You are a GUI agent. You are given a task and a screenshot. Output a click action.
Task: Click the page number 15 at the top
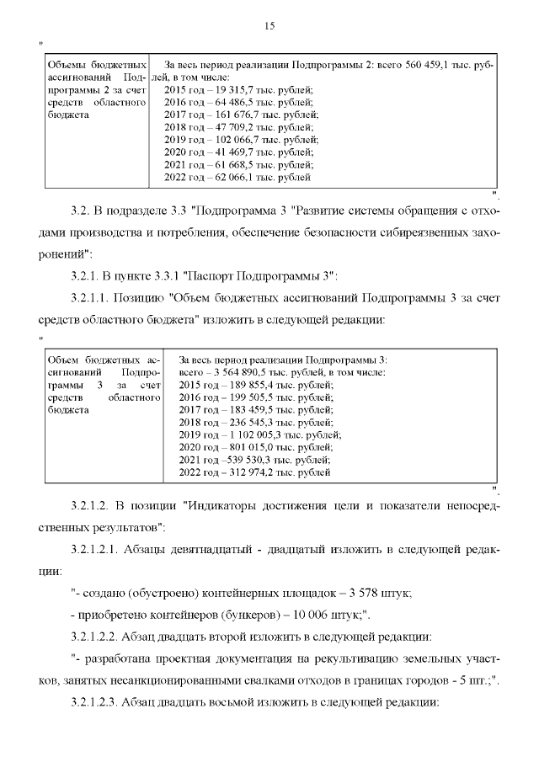269,25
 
